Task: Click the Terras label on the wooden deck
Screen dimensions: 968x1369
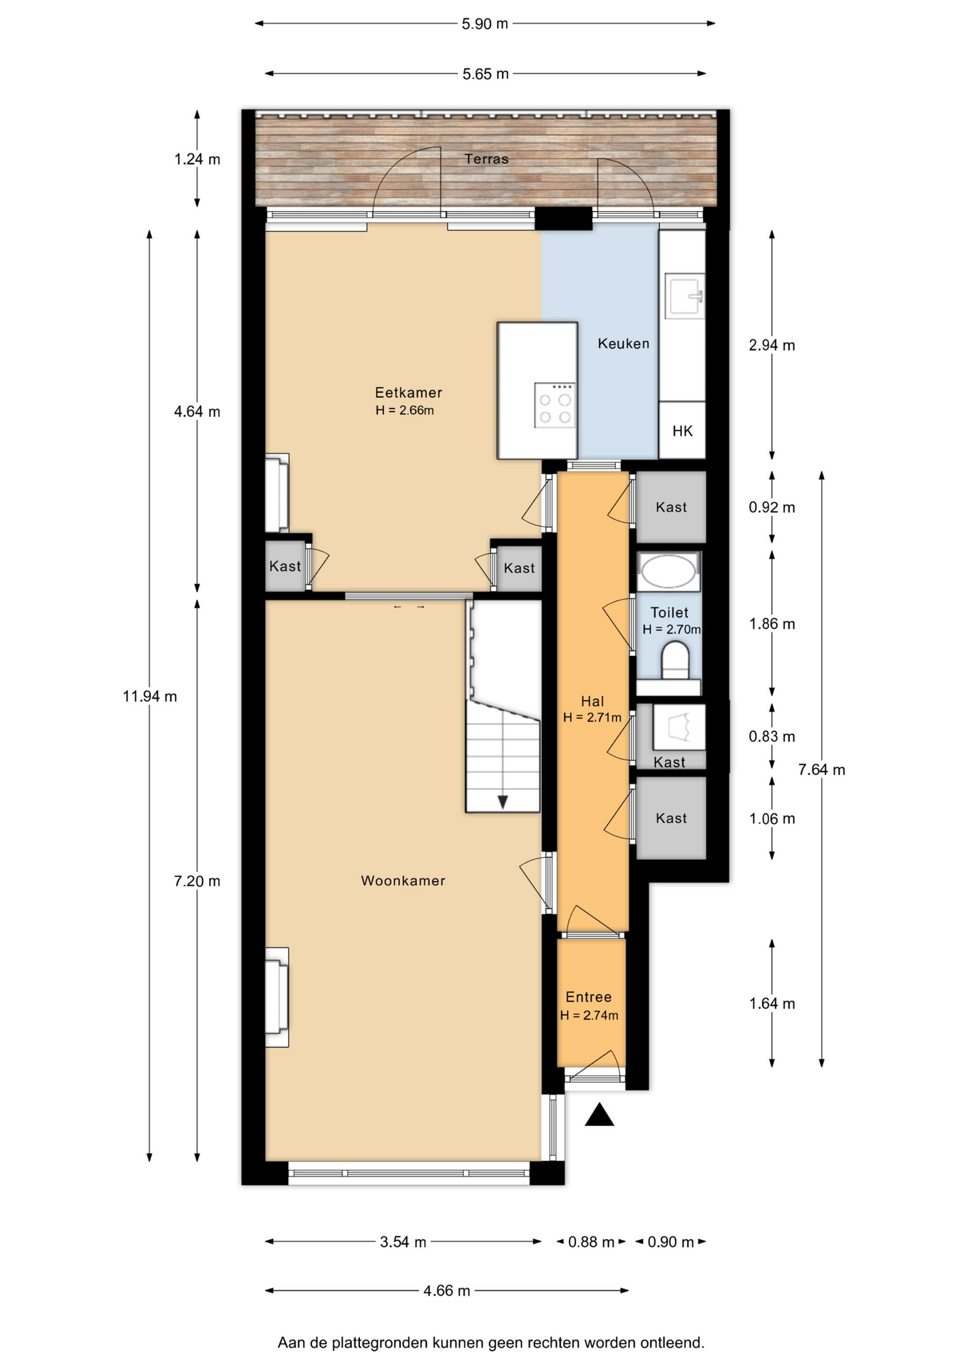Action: pos(487,159)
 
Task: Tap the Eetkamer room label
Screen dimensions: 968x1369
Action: pos(408,392)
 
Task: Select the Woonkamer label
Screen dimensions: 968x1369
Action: pos(403,881)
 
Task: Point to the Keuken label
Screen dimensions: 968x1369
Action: pos(624,344)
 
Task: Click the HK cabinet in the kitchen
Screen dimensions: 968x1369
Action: pos(682,430)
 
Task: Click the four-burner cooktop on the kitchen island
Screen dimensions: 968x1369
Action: pos(555,405)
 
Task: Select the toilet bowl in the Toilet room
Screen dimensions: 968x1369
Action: pos(674,660)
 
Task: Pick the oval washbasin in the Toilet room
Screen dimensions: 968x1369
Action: pos(668,571)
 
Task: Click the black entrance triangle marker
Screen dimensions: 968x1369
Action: pos(599,1115)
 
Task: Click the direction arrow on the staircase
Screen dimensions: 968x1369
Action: pos(503,801)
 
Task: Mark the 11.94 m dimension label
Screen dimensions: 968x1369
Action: pos(150,697)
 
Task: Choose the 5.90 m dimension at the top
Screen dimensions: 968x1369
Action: pos(485,24)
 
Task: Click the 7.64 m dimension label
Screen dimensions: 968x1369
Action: pos(822,769)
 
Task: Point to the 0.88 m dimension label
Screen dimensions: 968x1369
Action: pos(591,1242)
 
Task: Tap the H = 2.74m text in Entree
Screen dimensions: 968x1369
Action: pos(589,1015)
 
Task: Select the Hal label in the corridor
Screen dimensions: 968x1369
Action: pos(592,701)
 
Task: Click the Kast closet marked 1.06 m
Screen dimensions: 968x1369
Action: pos(671,818)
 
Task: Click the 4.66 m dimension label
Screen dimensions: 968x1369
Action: pos(447,1291)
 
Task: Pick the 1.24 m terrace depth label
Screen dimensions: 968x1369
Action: pos(197,159)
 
